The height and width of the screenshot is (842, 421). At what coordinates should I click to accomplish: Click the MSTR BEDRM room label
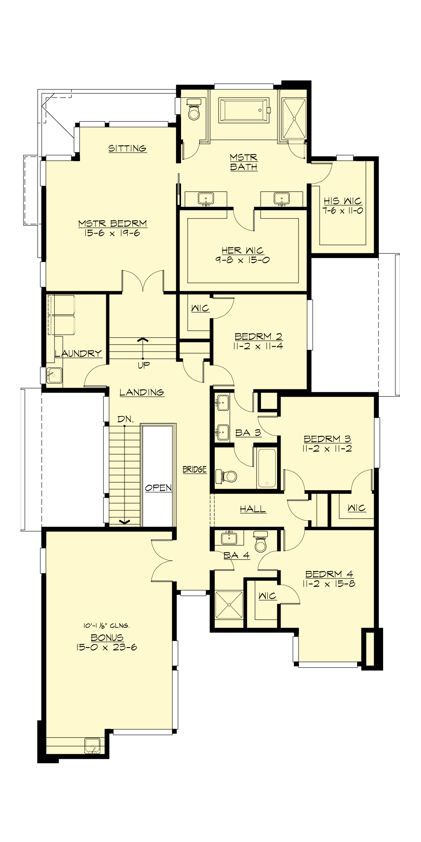(112, 223)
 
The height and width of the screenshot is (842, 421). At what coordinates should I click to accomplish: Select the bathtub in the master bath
(243, 111)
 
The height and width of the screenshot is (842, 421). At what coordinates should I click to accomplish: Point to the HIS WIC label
(343, 201)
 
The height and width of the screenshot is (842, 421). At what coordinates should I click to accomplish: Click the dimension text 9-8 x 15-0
(243, 260)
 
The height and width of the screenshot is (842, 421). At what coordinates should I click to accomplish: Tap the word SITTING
(127, 148)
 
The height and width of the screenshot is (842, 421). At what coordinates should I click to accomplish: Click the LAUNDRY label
(78, 353)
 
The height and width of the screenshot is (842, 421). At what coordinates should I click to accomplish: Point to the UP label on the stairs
(143, 365)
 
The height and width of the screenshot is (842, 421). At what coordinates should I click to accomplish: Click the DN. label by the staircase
(125, 419)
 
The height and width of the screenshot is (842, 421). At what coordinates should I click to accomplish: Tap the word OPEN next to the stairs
(158, 488)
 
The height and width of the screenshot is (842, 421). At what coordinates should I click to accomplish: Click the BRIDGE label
(194, 469)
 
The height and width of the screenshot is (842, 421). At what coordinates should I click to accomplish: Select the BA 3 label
(248, 433)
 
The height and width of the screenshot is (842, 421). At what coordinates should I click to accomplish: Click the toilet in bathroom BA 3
(227, 476)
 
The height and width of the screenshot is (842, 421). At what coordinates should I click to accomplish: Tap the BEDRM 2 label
(259, 336)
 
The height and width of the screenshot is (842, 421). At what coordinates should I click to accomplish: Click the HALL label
(253, 509)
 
